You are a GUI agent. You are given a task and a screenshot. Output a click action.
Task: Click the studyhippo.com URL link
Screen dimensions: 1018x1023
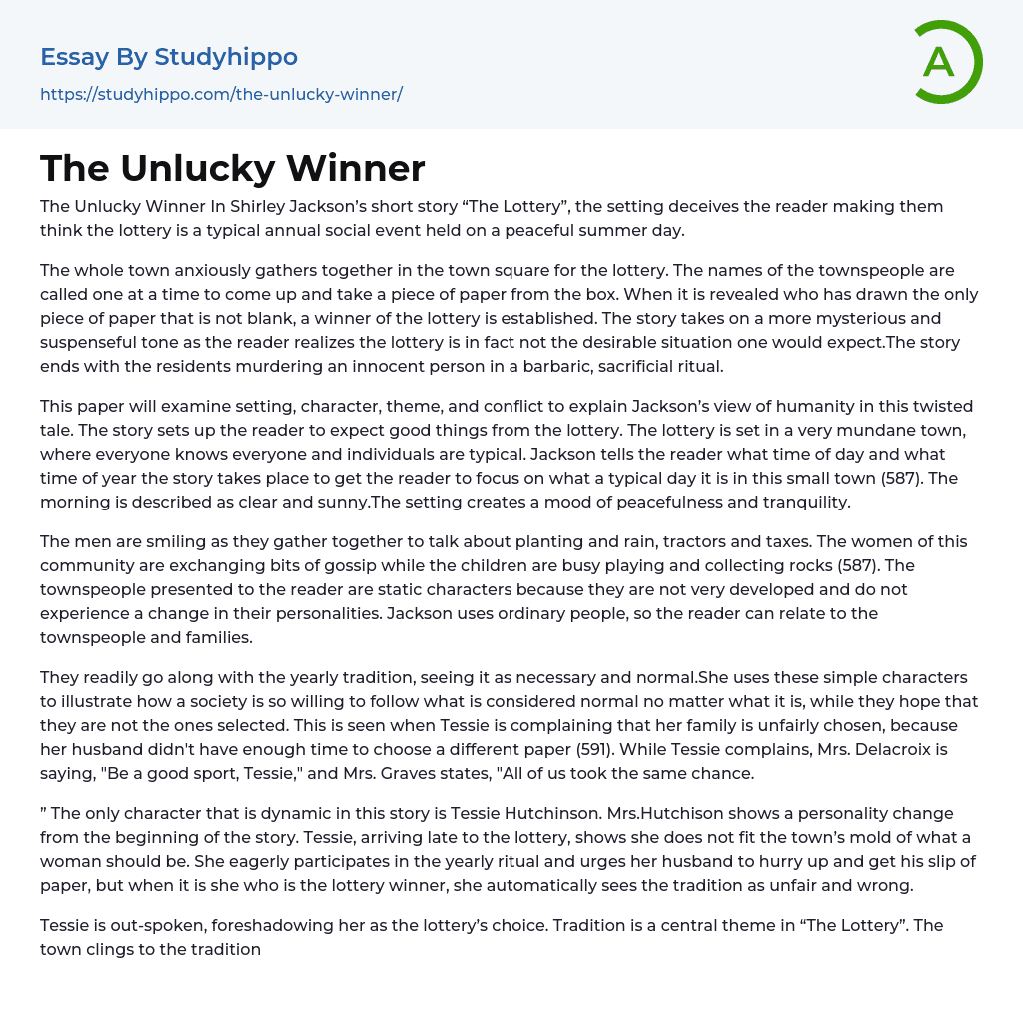pyautogui.click(x=221, y=95)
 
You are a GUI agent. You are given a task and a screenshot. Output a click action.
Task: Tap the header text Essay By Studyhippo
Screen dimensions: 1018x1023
pyautogui.click(x=169, y=57)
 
